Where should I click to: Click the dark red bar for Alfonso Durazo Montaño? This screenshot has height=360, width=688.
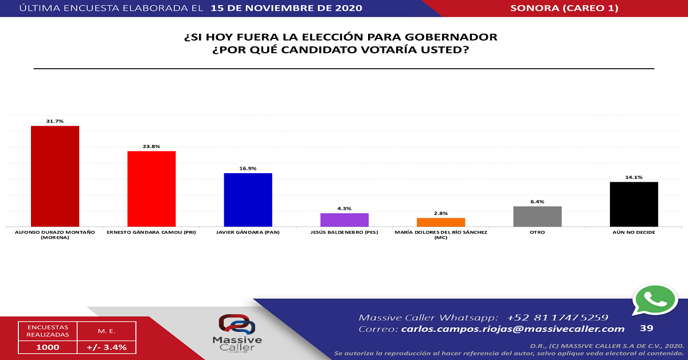click(x=54, y=176)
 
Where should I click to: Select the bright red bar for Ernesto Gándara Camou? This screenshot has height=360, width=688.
click(x=151, y=189)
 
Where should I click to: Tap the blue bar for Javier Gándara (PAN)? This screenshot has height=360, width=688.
click(x=248, y=199)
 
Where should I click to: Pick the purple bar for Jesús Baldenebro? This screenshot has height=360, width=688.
click(x=344, y=220)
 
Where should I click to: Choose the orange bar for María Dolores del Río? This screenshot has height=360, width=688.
click(x=440, y=222)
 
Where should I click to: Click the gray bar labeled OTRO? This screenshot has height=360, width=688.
click(x=537, y=216)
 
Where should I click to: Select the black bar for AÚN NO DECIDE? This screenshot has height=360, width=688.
click(x=634, y=204)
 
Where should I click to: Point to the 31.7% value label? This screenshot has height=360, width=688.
click(x=55, y=121)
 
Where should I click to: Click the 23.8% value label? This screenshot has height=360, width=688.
click(x=151, y=146)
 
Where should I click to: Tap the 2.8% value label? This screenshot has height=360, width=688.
click(x=441, y=213)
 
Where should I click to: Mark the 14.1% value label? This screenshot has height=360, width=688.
click(x=634, y=177)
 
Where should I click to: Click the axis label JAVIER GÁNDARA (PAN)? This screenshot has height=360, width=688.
click(x=248, y=233)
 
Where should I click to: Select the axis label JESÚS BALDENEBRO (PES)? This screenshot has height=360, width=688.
click(x=344, y=233)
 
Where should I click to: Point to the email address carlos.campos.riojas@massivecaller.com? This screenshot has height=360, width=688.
click(x=513, y=329)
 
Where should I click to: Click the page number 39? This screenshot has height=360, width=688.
click(x=646, y=328)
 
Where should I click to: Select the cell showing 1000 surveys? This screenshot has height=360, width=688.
click(x=47, y=347)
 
